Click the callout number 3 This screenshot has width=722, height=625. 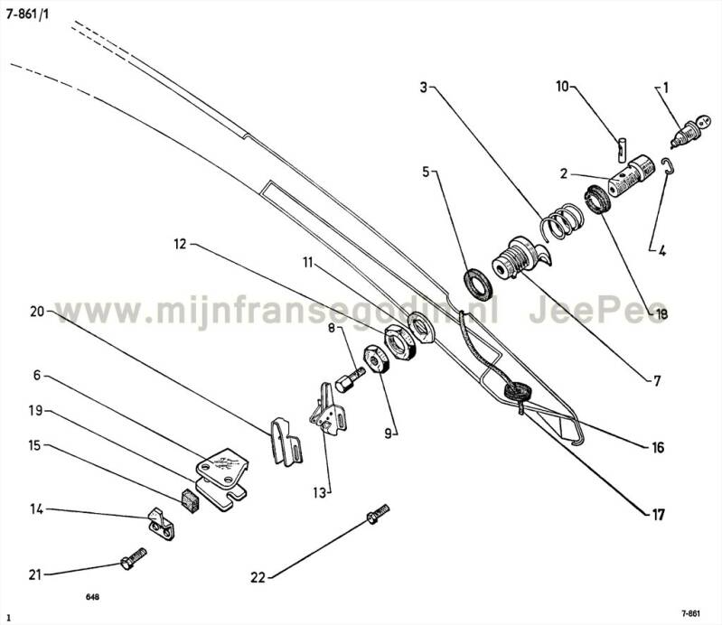(x=425, y=88)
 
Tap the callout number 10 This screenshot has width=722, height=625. (x=562, y=87)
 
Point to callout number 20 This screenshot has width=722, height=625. (x=37, y=312)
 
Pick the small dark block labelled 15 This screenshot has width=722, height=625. (x=189, y=499)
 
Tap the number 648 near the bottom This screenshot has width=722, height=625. (x=93, y=598)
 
